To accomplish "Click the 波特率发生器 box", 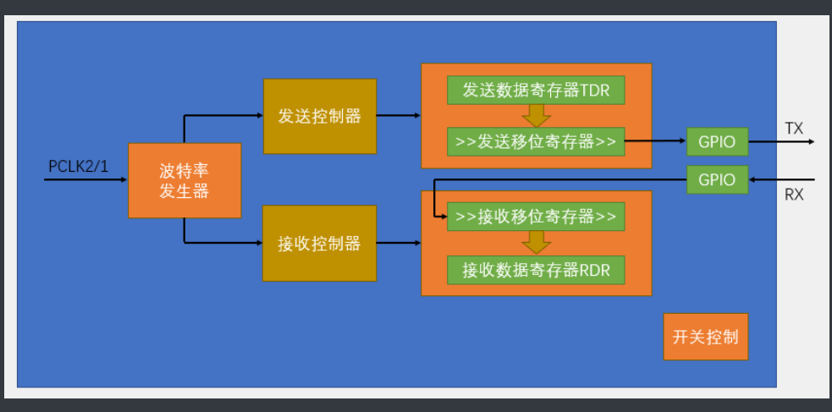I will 185,180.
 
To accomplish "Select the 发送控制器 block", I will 319,116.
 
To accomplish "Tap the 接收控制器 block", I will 319,244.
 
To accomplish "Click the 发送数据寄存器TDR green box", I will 536,91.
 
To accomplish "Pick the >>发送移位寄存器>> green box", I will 536,141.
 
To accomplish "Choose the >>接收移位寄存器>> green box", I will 536,217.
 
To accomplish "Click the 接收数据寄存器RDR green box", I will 536,269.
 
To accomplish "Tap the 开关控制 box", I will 705,337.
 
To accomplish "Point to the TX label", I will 794,129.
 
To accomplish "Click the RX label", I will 794,195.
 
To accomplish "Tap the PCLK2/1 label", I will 78,166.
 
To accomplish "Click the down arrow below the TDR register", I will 536,116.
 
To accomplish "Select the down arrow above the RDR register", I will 536,243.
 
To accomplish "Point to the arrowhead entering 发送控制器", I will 258,116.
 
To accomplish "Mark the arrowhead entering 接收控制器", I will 258,244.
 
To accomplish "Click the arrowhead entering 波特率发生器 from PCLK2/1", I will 124,180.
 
